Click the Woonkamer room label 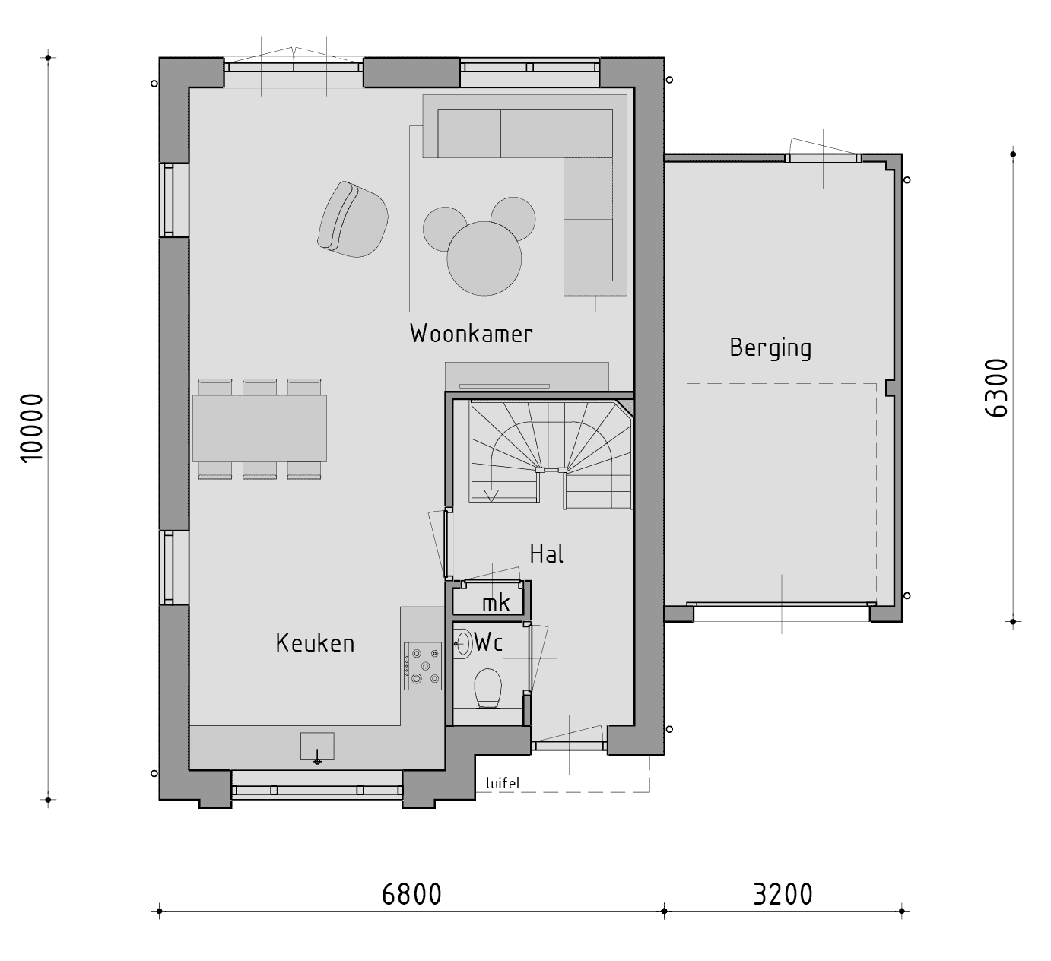point(471,334)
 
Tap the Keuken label point(315,643)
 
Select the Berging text point(770,348)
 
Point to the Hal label point(547,553)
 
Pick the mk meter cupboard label point(496,603)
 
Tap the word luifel point(503,783)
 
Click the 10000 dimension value point(33,428)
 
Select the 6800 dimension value point(412,894)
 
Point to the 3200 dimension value point(783,894)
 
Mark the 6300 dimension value point(996,389)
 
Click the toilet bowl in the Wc point(487,688)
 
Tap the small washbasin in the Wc point(462,643)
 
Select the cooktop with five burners point(423,666)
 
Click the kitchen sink point(317,746)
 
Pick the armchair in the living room point(353,220)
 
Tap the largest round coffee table point(484,258)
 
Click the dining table point(260,429)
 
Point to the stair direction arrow point(491,496)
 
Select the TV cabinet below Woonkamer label point(527,376)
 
